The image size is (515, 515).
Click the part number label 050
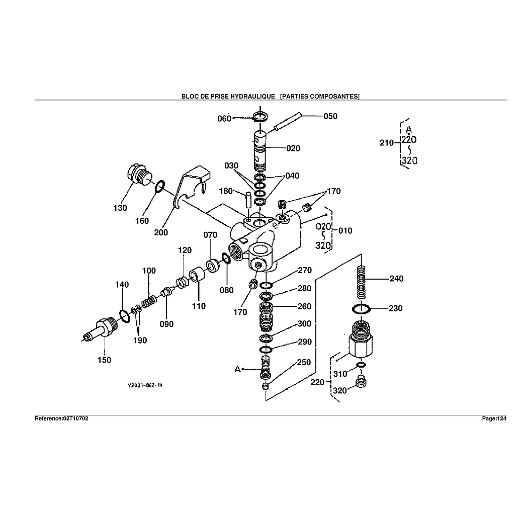330,116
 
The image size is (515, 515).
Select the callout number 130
120,208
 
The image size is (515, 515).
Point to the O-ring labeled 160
159,187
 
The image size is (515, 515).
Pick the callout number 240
396,279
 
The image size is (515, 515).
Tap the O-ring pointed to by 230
361,308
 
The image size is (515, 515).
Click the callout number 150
105,360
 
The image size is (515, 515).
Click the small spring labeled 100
148,302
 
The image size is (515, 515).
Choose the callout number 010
346,231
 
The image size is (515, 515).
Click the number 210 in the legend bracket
387,143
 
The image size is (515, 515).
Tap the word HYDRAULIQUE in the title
252,96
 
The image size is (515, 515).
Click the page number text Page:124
493,418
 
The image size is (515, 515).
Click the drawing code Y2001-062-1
144,385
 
